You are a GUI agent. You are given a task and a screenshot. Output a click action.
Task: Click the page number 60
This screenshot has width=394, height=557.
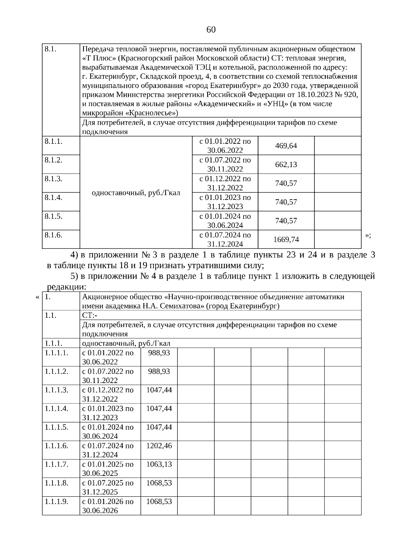(211, 30)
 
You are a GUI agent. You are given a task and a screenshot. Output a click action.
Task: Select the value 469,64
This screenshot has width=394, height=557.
(286, 146)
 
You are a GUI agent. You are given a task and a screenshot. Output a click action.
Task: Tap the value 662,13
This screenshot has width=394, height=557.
(286, 164)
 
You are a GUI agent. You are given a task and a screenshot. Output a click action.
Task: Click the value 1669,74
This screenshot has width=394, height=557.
(286, 240)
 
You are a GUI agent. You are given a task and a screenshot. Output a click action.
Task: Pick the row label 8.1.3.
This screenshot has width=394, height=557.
(54, 179)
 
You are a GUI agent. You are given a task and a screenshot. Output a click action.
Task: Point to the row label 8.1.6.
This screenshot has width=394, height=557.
(54, 235)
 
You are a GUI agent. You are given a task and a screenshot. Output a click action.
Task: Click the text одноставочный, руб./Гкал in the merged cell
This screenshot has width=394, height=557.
(136, 193)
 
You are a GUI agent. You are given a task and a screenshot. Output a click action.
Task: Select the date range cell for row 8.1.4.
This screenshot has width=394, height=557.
(225, 202)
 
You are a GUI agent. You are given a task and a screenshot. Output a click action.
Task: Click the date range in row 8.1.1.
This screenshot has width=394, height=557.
(225, 146)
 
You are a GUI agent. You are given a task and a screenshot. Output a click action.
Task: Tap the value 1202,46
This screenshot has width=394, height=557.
(159, 446)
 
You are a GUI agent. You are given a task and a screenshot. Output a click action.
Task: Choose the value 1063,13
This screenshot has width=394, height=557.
(159, 464)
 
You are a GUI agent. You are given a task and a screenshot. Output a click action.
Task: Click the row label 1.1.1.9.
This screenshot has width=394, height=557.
(56, 502)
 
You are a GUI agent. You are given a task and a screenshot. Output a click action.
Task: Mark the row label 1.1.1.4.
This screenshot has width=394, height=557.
(56, 409)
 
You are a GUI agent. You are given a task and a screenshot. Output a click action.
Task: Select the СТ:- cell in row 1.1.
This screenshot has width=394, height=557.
(90, 315)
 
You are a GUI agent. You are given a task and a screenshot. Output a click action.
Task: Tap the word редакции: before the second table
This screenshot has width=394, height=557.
(67, 287)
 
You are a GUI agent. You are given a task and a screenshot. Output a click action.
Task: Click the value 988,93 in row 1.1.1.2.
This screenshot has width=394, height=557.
(159, 371)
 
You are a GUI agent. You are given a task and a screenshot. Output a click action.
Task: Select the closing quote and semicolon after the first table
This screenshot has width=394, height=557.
(368, 235)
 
